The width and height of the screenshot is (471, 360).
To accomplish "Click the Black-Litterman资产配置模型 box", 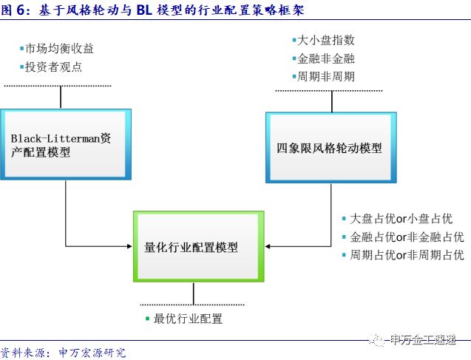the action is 66,145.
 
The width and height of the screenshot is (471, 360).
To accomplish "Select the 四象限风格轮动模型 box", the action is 330,147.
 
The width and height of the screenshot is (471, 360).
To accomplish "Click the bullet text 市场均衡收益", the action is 59,49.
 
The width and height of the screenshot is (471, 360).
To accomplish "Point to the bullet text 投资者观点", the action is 53,67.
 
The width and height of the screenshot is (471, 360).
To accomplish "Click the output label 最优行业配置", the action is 188,319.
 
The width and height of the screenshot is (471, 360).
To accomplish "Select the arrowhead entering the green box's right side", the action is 268,246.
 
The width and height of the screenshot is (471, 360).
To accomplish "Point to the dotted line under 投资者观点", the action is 58,86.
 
